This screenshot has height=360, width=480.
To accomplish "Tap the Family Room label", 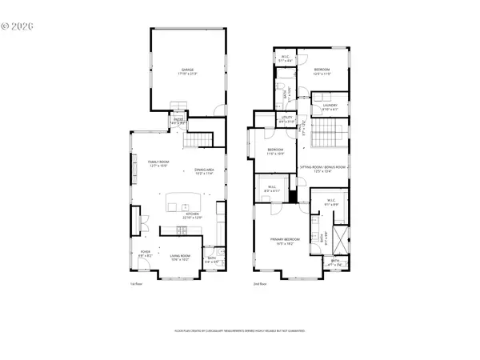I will [x=157, y=164].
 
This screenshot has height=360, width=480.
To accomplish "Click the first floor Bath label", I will [x=212, y=259].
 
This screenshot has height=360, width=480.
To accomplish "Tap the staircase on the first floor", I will [x=196, y=142].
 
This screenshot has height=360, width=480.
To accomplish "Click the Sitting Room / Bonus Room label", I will [x=322, y=168].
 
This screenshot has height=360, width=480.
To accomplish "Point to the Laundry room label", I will [x=330, y=106].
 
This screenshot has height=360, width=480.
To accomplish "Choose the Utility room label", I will [x=287, y=120].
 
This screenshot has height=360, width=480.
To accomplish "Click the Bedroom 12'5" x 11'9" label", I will [x=322, y=71].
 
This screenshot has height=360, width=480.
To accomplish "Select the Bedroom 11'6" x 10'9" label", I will [x=275, y=151].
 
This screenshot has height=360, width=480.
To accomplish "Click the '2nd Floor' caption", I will [x=258, y=283].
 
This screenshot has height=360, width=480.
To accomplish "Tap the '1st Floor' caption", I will [x=136, y=283].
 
